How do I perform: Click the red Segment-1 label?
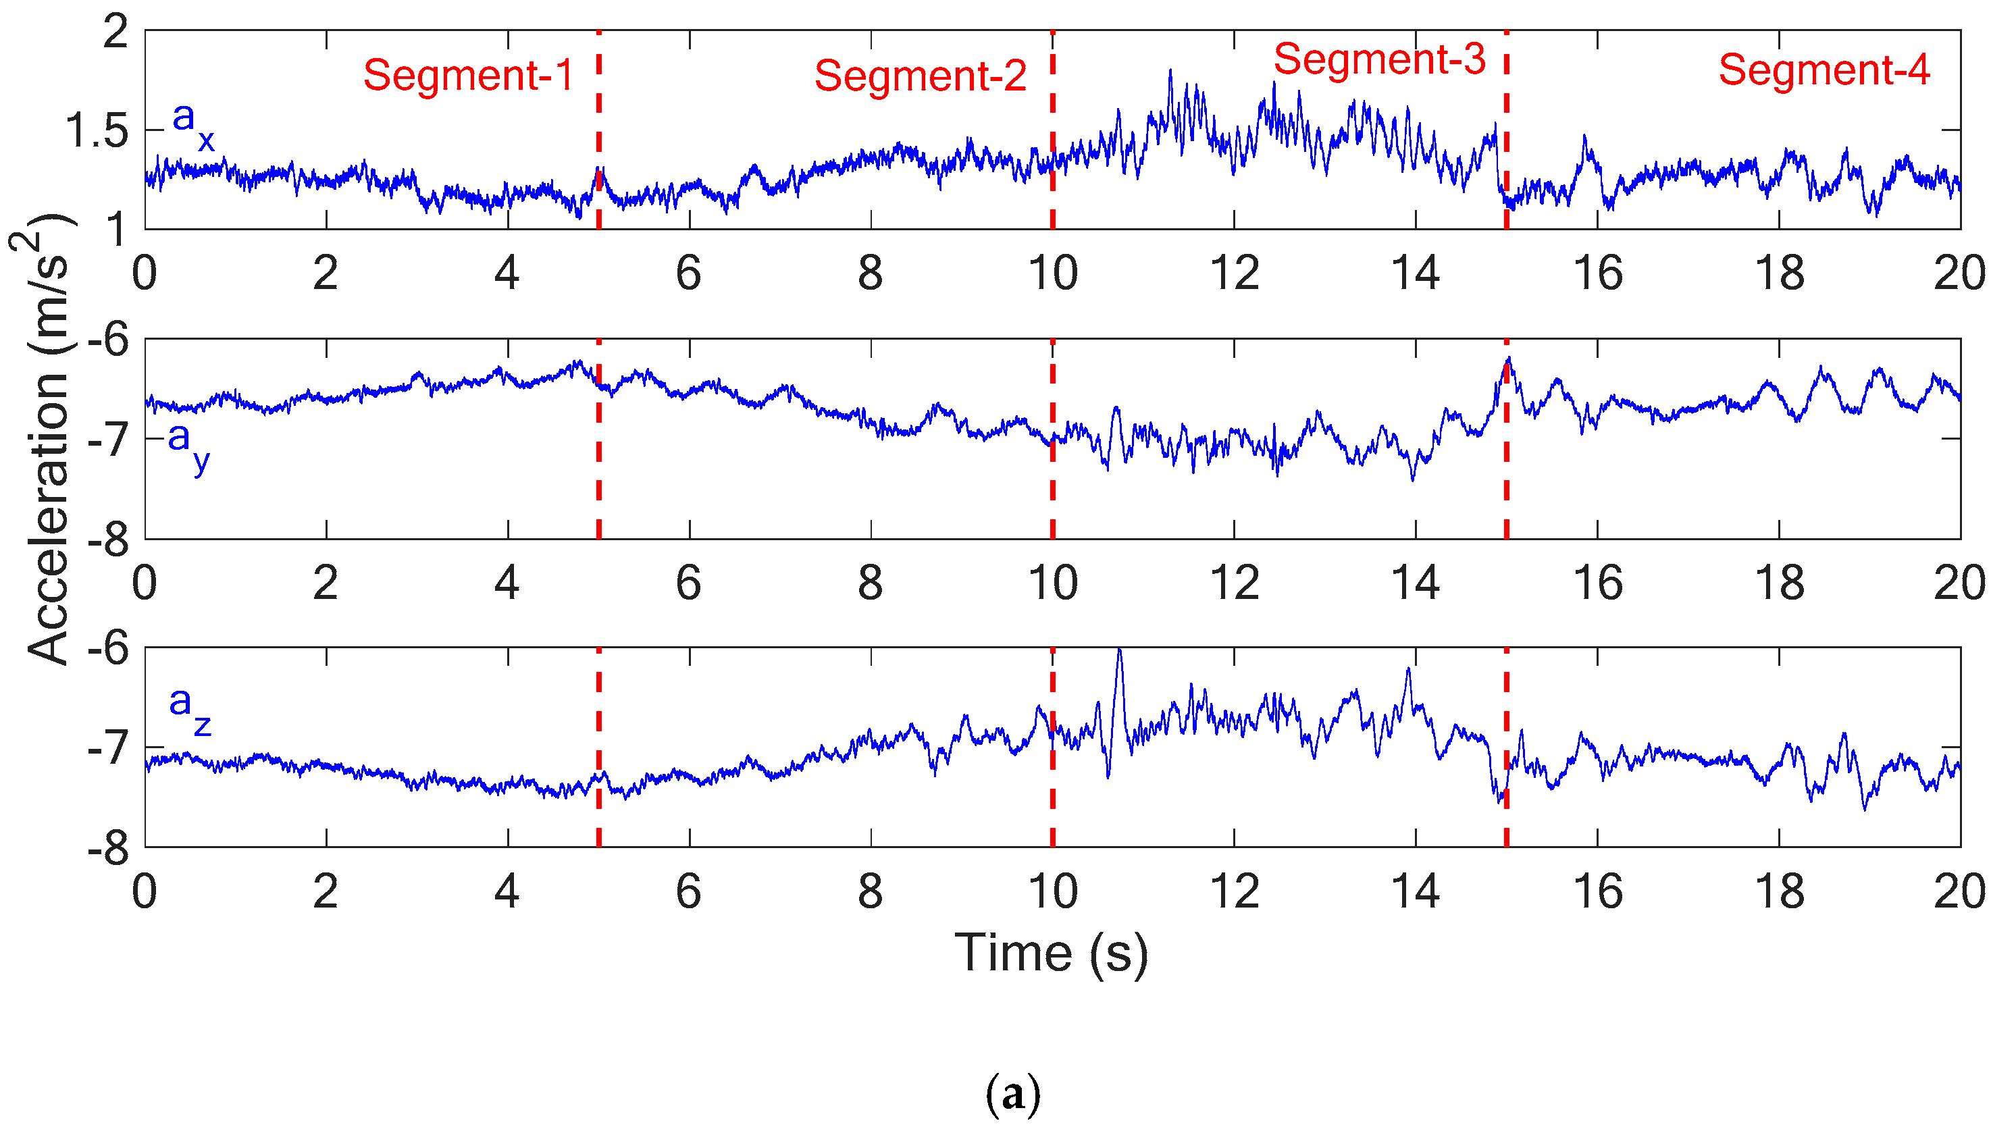(468, 75)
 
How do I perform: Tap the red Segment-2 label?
(921, 76)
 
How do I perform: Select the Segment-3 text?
(1380, 59)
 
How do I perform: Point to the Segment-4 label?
(1824, 70)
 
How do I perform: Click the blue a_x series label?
(192, 126)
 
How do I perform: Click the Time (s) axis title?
(1052, 953)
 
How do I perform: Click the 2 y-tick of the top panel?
(116, 32)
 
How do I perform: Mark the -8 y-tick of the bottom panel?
(108, 849)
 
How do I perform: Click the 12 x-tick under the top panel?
(1234, 273)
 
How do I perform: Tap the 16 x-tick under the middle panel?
(1598, 583)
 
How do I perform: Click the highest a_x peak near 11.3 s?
(1170, 71)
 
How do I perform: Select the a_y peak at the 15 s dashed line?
(1509, 359)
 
